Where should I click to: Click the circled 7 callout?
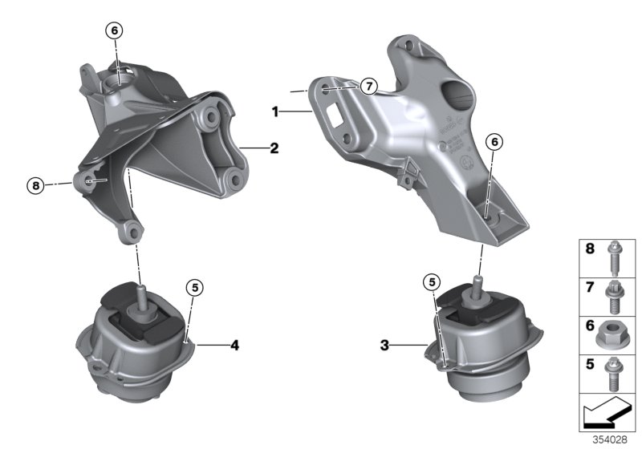[368, 87]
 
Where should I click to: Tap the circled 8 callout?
[34, 185]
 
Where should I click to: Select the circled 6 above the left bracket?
[114, 30]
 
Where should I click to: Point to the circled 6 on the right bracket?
[494, 142]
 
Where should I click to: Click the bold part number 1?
[274, 113]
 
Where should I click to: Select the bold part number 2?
[274, 148]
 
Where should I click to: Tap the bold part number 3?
[385, 346]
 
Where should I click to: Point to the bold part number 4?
[234, 346]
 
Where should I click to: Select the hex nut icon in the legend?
[616, 329]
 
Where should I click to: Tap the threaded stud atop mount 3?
[477, 285]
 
